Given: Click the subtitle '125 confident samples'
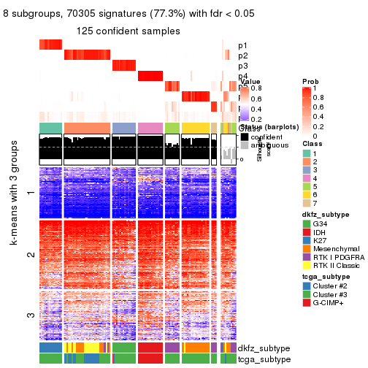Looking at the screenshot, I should [x=128, y=31].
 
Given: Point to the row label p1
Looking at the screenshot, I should [x=242, y=45].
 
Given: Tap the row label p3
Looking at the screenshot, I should [x=242, y=66].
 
